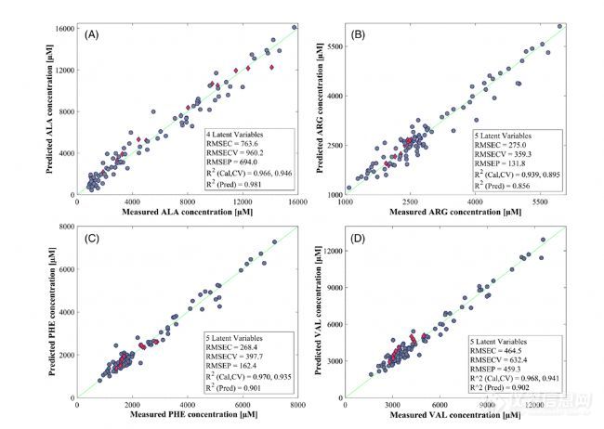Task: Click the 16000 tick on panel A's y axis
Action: point(61,28)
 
